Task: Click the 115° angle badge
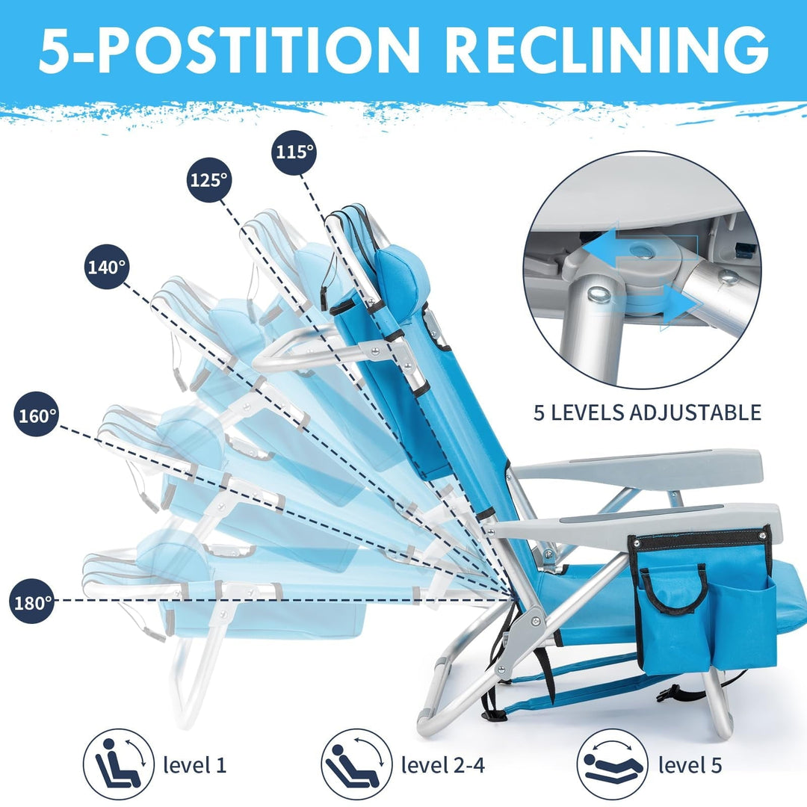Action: pyautogui.click(x=294, y=152)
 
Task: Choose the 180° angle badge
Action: pyautogui.click(x=33, y=600)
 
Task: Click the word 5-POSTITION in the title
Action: pyautogui.click(x=230, y=50)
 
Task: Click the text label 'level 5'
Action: pyautogui.click(x=690, y=765)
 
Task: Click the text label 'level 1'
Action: pyautogui.click(x=194, y=765)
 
